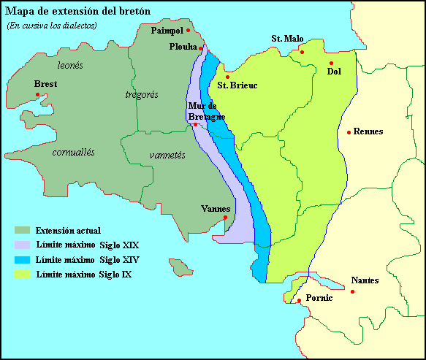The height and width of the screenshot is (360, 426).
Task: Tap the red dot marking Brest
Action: coord(37,94)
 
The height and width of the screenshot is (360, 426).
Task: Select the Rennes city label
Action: coord(369,131)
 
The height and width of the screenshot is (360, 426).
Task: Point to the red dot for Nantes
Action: coord(353,292)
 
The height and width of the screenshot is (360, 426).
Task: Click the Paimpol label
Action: coord(167,31)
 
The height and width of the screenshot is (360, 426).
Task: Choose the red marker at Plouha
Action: coord(201,49)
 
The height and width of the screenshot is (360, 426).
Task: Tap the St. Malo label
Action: coord(287,38)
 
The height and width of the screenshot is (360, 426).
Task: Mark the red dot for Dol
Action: coord(331,63)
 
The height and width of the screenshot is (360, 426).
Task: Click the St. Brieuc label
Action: coord(237,85)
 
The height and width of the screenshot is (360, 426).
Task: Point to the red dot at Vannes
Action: coord(226,218)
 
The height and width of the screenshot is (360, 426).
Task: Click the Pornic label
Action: coord(319,299)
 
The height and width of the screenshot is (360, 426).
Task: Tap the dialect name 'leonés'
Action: coord(69,65)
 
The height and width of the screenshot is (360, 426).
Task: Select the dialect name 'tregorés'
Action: coord(142,94)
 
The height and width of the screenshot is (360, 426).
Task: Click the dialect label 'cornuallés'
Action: coord(74,152)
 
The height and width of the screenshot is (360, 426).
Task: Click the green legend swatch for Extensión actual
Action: coord(22,231)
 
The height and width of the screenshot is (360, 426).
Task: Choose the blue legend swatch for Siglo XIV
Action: coord(22,260)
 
